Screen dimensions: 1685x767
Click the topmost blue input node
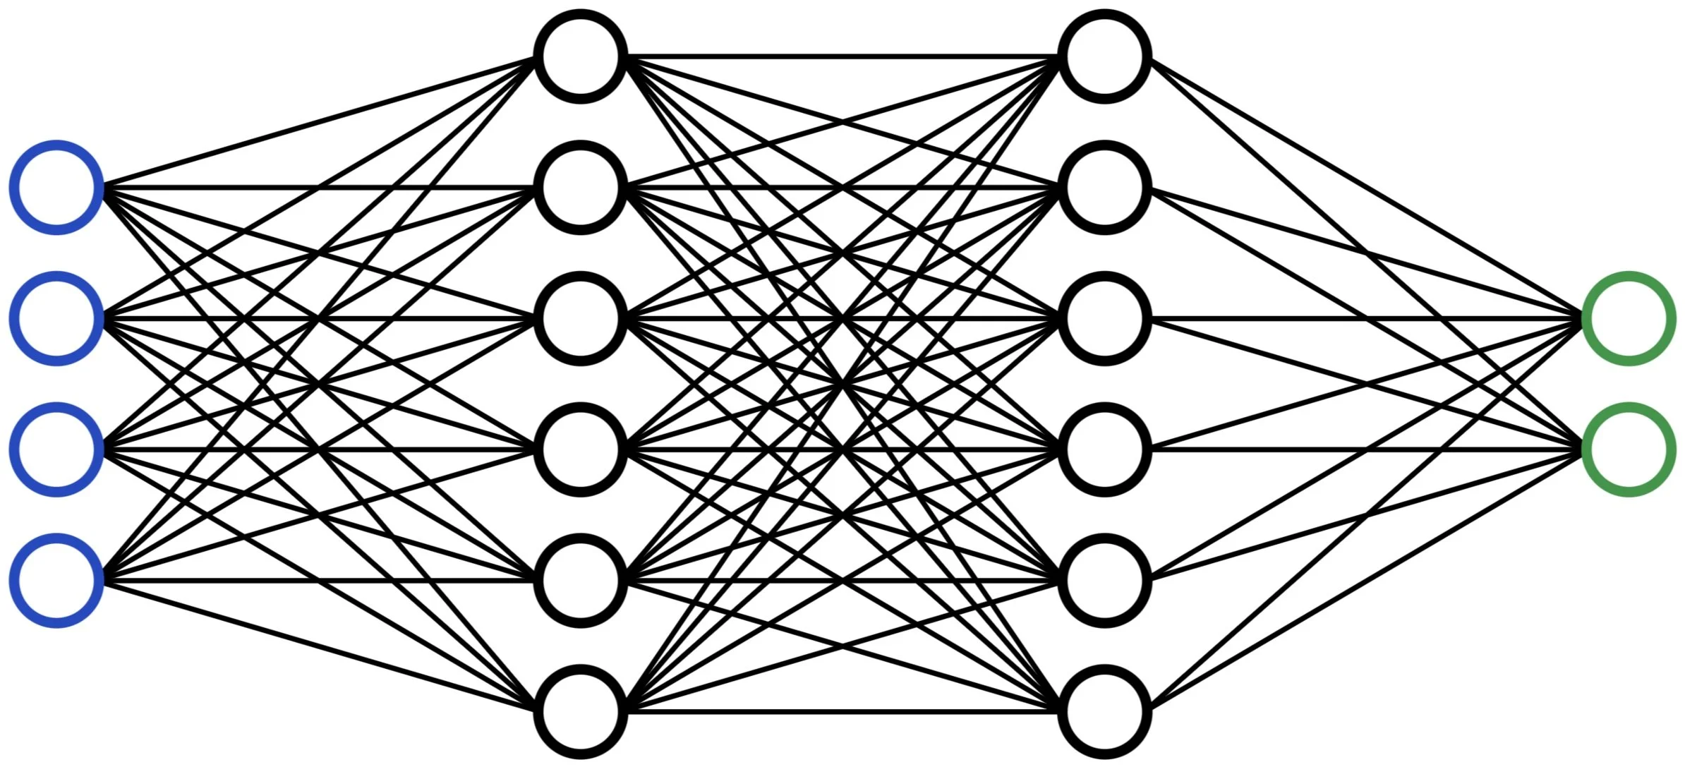click(x=56, y=188)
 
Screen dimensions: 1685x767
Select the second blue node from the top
click(x=56, y=318)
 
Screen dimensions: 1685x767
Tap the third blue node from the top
click(x=56, y=449)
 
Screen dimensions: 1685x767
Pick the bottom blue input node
click(x=56, y=580)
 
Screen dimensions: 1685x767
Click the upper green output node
click(x=1629, y=318)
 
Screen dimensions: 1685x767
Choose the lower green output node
click(x=1629, y=449)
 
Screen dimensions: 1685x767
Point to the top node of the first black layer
click(x=581, y=56)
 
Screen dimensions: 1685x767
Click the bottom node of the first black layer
click(x=581, y=711)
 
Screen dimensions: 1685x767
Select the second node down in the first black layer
click(x=581, y=188)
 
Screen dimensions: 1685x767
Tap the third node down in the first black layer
click(x=581, y=318)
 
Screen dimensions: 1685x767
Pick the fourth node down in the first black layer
click(x=581, y=449)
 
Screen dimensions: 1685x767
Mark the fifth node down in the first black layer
click(x=581, y=580)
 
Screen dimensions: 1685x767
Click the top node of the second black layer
click(x=1105, y=56)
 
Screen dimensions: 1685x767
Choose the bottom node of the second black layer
click(x=1105, y=711)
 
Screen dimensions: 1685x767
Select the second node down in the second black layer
click(x=1105, y=188)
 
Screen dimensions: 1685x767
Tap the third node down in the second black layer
click(x=1105, y=318)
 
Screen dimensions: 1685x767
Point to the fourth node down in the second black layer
click(x=1105, y=449)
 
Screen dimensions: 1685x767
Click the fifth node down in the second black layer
click(x=1105, y=580)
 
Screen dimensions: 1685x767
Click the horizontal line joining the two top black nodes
click(x=843, y=56)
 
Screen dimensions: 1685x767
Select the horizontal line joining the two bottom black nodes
click(x=843, y=711)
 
